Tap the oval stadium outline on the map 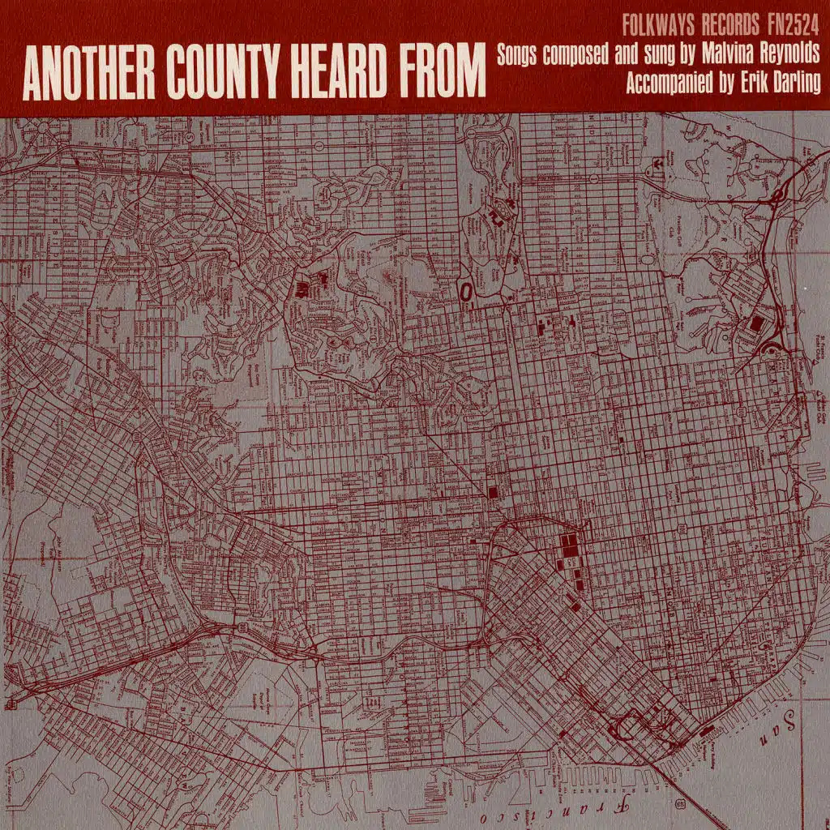click(x=467, y=289)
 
